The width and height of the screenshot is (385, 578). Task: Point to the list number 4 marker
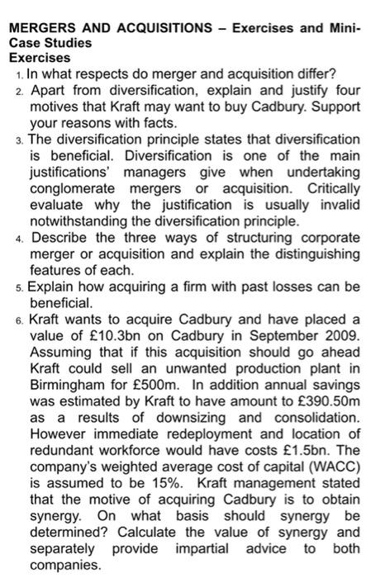(x=19, y=238)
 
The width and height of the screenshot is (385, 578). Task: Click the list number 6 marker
(x=19, y=319)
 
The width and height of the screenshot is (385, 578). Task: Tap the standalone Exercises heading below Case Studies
(x=39, y=59)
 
